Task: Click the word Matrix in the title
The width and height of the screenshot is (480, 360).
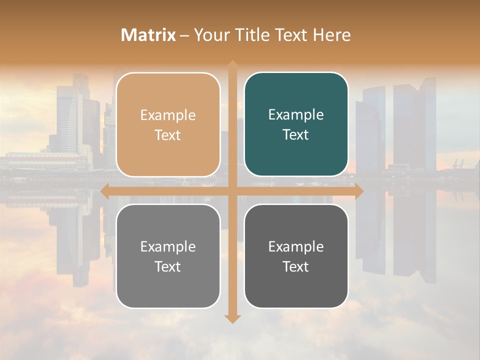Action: pyautogui.click(x=148, y=35)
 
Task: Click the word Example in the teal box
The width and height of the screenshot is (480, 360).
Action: pyautogui.click(x=296, y=115)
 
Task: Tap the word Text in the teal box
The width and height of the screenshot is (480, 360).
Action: pyautogui.click(x=296, y=134)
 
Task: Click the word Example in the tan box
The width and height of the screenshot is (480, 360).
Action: pyautogui.click(x=168, y=115)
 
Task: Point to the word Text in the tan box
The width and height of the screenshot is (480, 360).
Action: pyautogui.click(x=168, y=135)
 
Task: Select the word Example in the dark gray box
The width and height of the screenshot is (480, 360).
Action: pyautogui.click(x=296, y=246)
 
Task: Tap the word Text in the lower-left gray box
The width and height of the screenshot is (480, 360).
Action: pyautogui.click(x=168, y=266)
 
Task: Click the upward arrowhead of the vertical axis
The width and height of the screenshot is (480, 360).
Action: pyautogui.click(x=232, y=64)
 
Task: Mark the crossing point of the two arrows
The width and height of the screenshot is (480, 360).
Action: pyautogui.click(x=232, y=191)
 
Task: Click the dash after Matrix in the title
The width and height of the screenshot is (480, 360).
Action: pyautogui.click(x=184, y=35)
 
